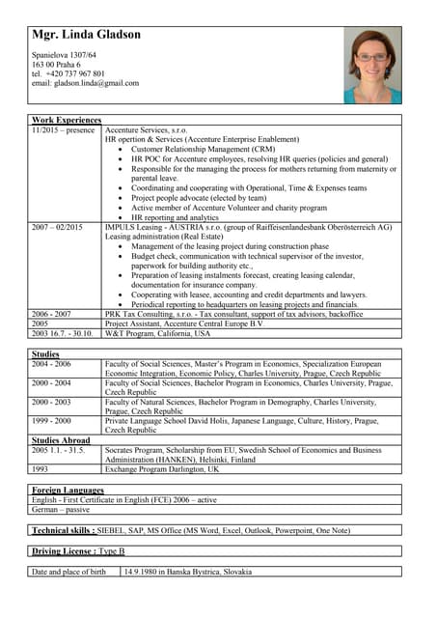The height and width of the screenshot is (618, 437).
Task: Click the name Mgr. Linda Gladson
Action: coord(86,35)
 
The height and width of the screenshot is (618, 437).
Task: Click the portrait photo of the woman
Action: coord(371,66)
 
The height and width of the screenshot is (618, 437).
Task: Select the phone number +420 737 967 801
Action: coord(75,73)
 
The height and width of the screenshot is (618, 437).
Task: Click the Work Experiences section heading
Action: coord(67,120)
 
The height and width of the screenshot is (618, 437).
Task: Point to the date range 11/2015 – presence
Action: coord(64,129)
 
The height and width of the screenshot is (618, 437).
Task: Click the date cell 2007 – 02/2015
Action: coord(58,228)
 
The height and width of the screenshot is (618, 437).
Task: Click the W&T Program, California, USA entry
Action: coord(157,333)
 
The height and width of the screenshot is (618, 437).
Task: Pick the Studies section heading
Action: coord(46,354)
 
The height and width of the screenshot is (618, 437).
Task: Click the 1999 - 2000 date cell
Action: coord(51,421)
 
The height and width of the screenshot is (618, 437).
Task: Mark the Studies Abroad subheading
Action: coord(64,440)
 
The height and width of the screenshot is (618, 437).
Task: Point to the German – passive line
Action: coord(61,510)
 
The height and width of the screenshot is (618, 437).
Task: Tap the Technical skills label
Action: coord(63,531)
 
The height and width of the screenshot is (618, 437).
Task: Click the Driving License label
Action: coord(62,550)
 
